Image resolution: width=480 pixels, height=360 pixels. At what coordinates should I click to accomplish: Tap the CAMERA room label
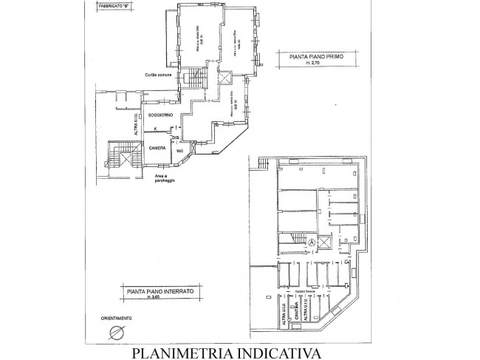157,148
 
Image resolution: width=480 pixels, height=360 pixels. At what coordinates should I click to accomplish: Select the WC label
179,152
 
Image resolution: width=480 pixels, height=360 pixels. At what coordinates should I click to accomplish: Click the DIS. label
176,137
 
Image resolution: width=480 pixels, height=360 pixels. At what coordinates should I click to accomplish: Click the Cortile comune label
160,76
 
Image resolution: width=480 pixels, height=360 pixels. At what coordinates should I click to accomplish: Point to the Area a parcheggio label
166,179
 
